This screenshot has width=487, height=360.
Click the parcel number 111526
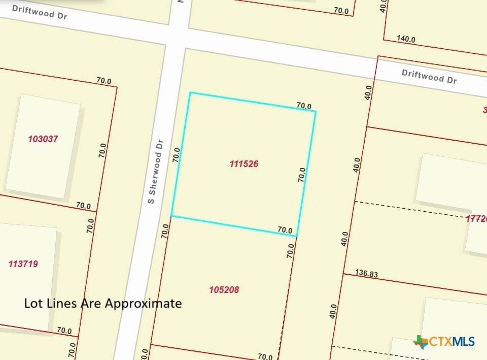[x=244, y=164]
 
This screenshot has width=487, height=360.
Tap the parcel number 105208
[x=224, y=290]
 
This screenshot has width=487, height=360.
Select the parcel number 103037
[x=43, y=139]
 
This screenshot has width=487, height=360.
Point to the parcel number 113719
[x=23, y=264]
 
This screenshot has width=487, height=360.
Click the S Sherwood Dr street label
[x=155, y=172]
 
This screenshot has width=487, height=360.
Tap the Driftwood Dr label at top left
[x=40, y=12]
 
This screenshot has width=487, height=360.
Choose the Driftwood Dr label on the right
[x=429, y=76]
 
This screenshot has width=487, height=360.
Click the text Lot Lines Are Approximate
[x=103, y=304]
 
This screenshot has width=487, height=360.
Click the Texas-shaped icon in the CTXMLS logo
[x=421, y=342]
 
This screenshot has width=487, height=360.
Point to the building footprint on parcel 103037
[x=43, y=146]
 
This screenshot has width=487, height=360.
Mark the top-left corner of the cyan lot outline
[x=190, y=93]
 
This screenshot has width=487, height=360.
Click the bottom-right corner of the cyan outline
[x=297, y=236]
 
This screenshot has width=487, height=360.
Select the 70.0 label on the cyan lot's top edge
[x=304, y=106]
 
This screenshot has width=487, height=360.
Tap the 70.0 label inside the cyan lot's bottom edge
[x=285, y=230]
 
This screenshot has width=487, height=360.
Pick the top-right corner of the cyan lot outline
[x=316, y=111]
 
